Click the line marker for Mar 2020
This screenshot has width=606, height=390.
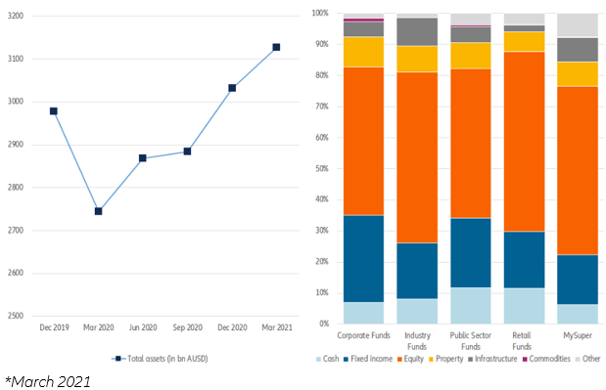[98, 211]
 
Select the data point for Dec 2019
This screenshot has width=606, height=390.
[53, 111]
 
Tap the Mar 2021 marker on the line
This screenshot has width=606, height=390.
[276, 47]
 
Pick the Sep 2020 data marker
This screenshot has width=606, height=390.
[187, 152]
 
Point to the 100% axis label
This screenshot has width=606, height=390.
[318, 14]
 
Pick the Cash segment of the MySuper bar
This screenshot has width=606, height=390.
[577, 313]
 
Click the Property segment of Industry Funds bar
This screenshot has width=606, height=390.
[416, 59]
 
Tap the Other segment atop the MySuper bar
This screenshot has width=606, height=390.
[577, 25]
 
